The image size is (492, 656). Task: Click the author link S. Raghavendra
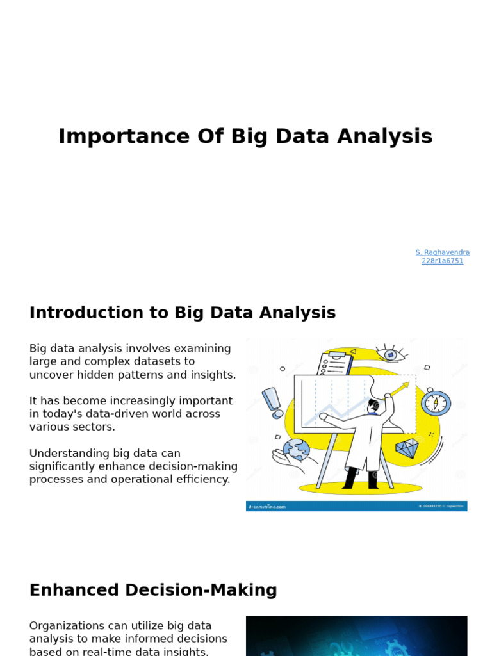pos(442,252)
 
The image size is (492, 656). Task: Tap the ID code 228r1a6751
pos(442,261)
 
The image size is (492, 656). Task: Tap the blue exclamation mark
pos(273,402)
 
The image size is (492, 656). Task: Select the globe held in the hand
pos(296,450)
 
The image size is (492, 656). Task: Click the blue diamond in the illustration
pos(407,448)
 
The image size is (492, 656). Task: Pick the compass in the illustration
pos(436,403)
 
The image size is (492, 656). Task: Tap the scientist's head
pos(374,405)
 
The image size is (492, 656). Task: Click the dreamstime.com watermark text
pos(266,506)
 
